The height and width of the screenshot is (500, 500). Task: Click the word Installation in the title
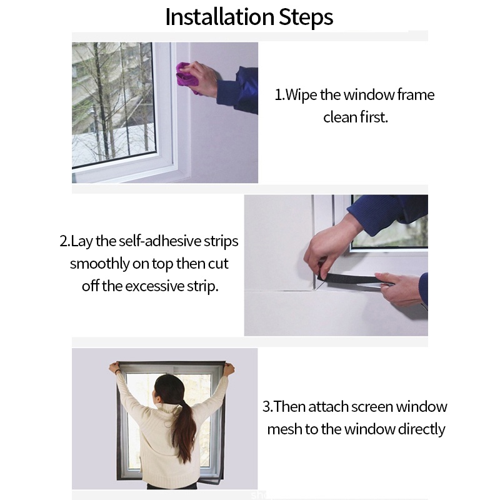pos(220,17)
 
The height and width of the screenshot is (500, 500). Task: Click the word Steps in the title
pos(306,18)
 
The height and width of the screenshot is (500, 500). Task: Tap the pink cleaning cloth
pos(187,76)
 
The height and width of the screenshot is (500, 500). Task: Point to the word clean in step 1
pos(340,117)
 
